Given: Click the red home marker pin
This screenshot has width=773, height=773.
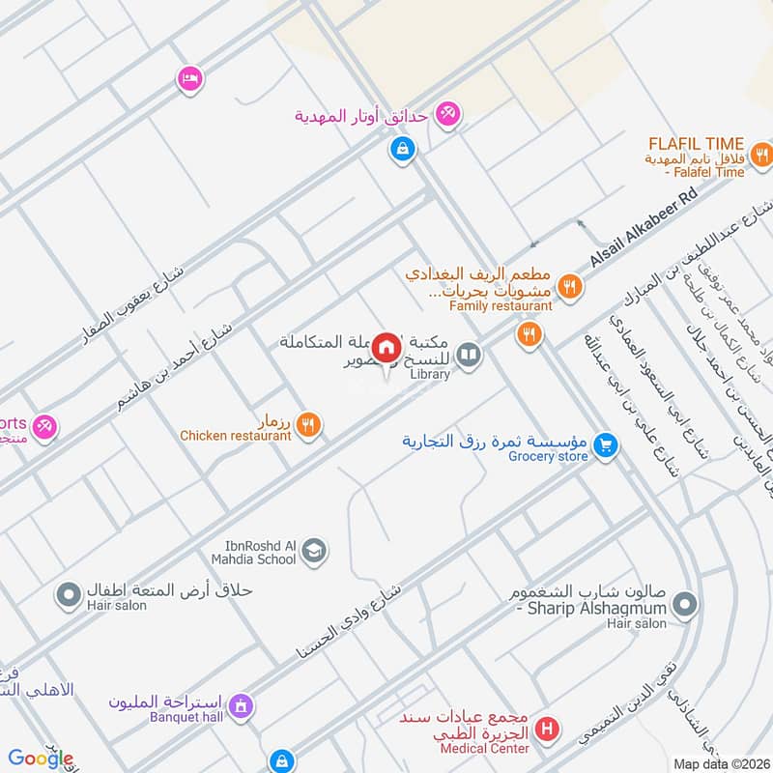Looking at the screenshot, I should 387,348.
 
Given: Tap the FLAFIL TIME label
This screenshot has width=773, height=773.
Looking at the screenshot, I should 697,144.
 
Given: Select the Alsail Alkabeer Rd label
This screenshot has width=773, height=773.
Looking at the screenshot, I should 644,228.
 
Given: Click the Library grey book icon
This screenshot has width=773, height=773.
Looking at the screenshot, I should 469,355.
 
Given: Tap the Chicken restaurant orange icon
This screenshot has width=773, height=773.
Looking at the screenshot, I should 308,422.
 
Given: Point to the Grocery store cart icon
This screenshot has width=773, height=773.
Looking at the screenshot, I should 605,444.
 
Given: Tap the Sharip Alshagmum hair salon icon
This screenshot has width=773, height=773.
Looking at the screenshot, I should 684,605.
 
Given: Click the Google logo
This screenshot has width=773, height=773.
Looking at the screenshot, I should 40,759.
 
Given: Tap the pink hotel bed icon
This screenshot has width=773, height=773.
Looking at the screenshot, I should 188,78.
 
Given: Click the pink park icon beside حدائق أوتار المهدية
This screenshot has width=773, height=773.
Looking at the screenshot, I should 447,114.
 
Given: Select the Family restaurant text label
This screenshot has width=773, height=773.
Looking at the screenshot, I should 501,306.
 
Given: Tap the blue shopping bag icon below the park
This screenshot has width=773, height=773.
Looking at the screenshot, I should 401,150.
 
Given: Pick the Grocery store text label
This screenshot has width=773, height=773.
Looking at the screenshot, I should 548,457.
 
